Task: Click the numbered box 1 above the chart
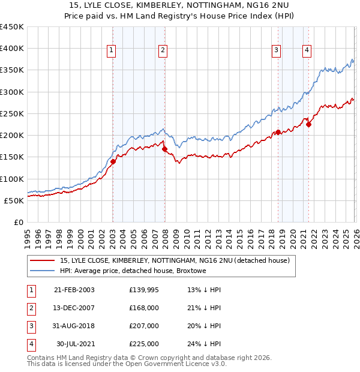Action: (x=112, y=51)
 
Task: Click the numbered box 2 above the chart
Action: (x=163, y=51)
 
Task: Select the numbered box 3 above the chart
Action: (x=277, y=51)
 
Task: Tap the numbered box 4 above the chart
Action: (x=307, y=51)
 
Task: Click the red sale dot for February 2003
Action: (x=113, y=161)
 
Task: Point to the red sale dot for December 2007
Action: (x=164, y=149)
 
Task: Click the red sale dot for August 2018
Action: (x=278, y=132)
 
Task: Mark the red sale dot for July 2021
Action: (x=308, y=124)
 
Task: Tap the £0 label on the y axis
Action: (x=18, y=222)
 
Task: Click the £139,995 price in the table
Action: (x=144, y=290)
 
